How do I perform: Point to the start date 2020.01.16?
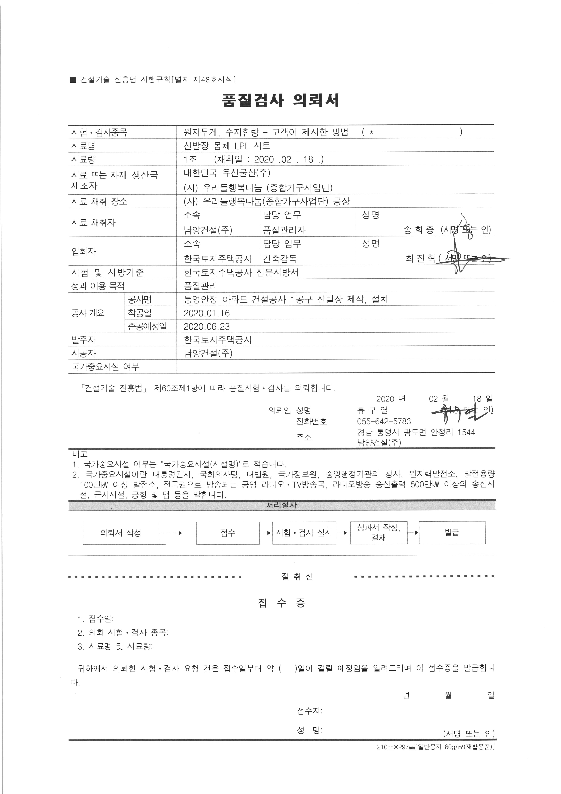(207, 313)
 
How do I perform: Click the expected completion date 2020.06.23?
(207, 326)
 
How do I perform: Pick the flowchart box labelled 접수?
(228, 533)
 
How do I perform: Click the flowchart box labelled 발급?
(452, 533)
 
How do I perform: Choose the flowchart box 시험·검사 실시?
(304, 533)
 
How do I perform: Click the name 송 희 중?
(418, 230)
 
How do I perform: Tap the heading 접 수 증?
(282, 603)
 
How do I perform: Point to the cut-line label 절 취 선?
(297, 576)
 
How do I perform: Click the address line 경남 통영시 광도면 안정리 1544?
(416, 432)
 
